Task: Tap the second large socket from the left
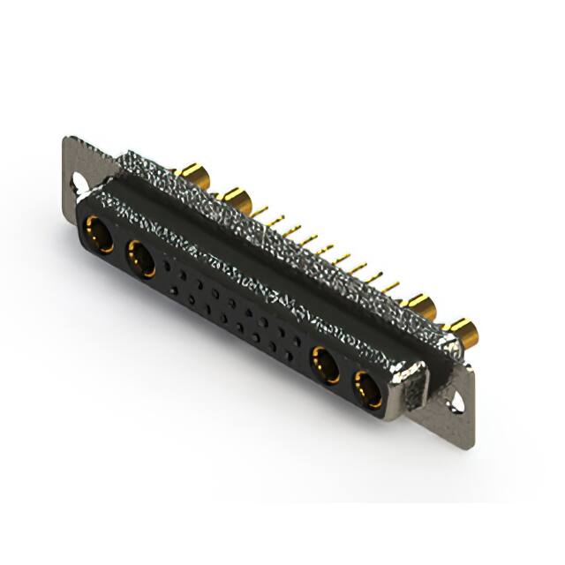click(x=141, y=260)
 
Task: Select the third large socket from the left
click(x=326, y=365)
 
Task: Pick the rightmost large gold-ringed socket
click(x=368, y=389)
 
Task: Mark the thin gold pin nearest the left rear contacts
click(x=260, y=212)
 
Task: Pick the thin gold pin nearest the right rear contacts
click(x=390, y=287)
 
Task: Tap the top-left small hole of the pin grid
click(x=169, y=262)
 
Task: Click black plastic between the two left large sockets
click(x=120, y=248)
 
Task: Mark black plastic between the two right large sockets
click(x=347, y=378)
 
